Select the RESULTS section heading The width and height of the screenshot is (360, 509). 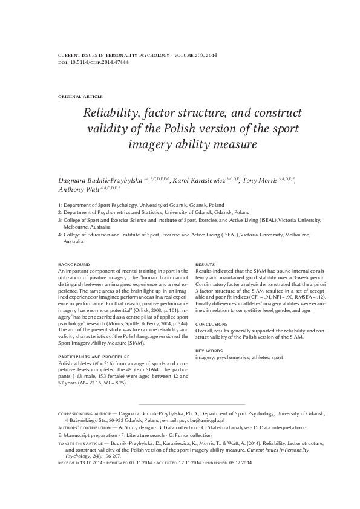[206, 265]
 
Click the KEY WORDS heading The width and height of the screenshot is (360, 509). [208, 351]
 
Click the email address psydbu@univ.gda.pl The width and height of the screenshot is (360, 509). [203, 419]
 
